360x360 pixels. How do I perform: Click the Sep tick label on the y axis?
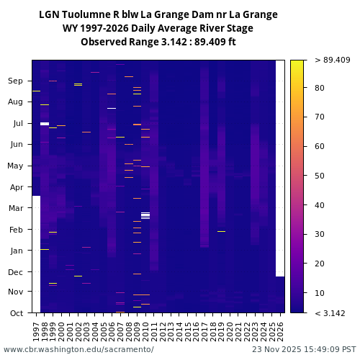15,81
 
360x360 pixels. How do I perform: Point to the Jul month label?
17,124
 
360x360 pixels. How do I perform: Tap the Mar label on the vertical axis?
15,208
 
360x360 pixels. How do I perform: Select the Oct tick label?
16,313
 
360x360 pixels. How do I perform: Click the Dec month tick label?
15,272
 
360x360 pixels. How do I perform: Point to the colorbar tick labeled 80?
320,88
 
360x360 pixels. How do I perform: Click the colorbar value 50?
320,176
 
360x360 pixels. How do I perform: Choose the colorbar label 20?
320,264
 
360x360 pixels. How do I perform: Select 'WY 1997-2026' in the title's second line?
96,28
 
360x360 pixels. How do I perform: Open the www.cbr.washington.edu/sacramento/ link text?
78,349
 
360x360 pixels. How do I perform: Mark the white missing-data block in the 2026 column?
280,166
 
